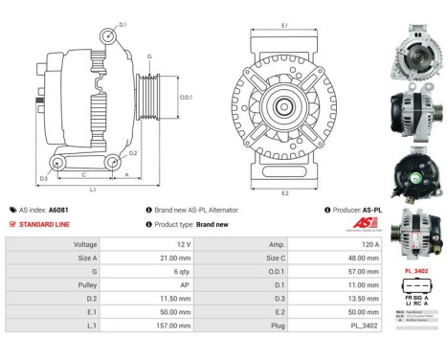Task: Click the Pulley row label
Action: coord(85,284)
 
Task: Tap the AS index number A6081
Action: coord(86,210)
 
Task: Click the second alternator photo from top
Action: coord(416,115)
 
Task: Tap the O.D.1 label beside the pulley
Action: coord(187,97)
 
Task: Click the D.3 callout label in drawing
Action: coord(44,179)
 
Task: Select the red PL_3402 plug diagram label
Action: coord(416,272)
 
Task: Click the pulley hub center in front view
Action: coord(284,106)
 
